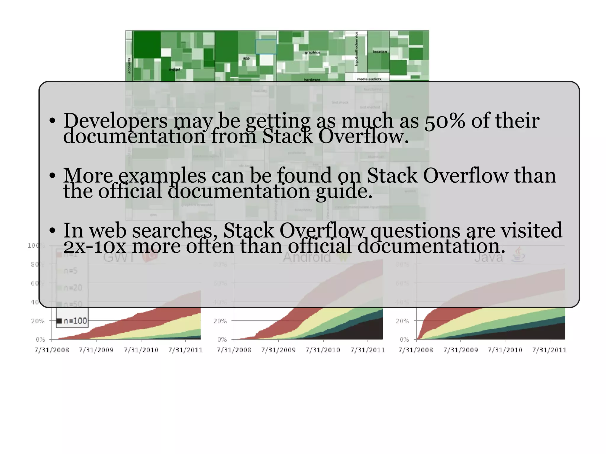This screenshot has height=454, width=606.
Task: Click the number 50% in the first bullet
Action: pyautogui.click(x=444, y=121)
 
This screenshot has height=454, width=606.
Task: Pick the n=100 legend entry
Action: pyautogui.click(x=72, y=321)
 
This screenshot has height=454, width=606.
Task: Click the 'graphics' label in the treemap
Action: pyautogui.click(x=312, y=52)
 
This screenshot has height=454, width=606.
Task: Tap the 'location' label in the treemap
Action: pyautogui.click(x=380, y=52)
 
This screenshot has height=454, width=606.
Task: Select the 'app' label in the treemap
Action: pyautogui.click(x=246, y=58)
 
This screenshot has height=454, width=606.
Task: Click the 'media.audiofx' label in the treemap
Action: pyautogui.click(x=369, y=79)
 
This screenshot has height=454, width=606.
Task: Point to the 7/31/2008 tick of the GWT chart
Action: pyautogui.click(x=52, y=350)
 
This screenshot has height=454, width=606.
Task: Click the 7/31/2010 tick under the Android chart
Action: pyautogui.click(x=323, y=350)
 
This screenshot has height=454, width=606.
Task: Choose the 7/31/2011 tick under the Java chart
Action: pyautogui.click(x=549, y=350)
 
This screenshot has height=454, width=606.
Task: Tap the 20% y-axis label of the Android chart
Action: pyautogui.click(x=220, y=321)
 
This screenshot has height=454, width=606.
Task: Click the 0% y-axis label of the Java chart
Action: pyautogui.click(x=404, y=339)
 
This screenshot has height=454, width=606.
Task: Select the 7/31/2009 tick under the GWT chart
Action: pyautogui.click(x=96, y=350)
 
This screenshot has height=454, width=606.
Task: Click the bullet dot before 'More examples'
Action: pyautogui.click(x=52, y=176)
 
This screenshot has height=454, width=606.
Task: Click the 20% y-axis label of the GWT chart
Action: pyautogui.click(x=38, y=321)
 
